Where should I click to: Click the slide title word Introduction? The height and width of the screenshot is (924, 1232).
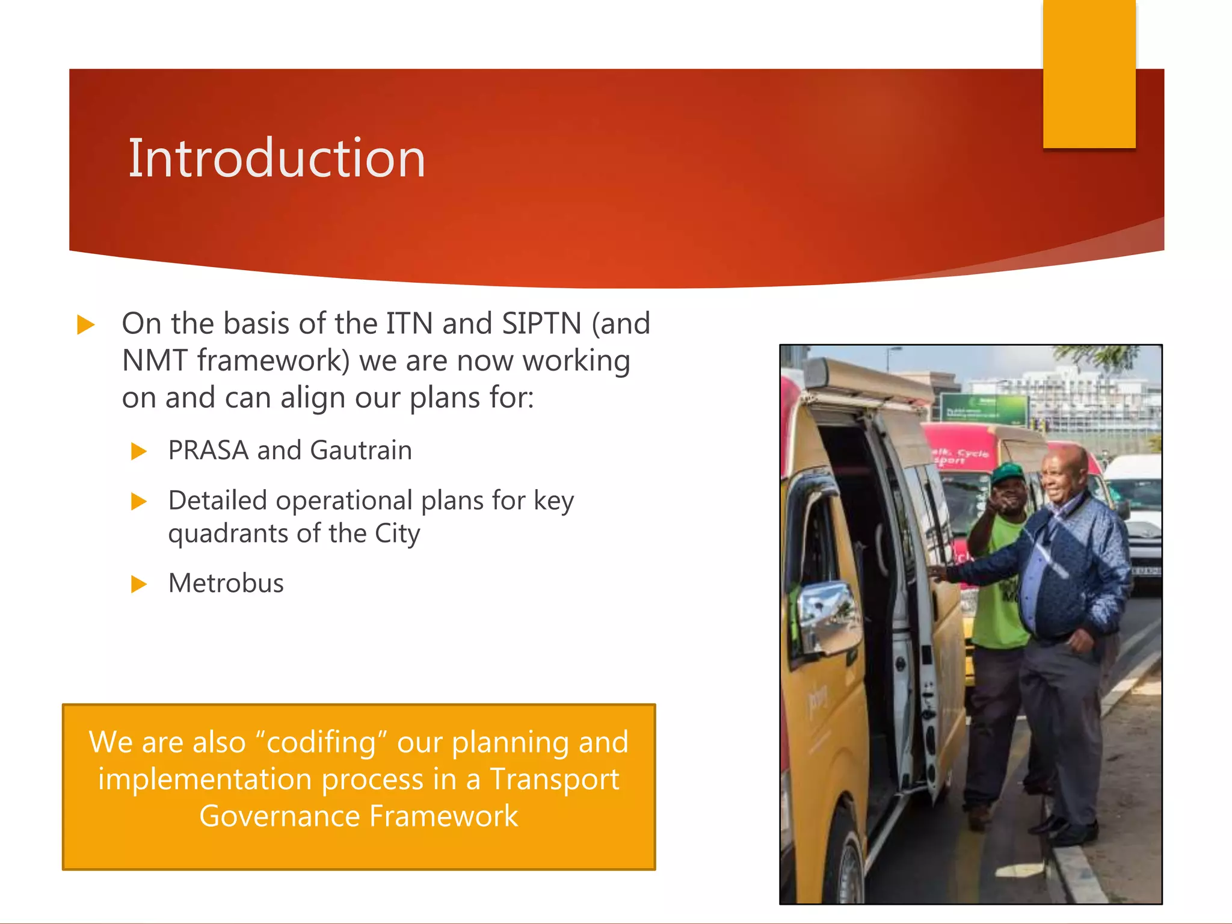(277, 158)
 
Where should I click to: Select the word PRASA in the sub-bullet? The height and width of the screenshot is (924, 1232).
(208, 451)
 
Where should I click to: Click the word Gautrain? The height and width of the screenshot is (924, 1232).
(361, 451)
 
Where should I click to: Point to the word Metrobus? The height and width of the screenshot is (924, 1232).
(226, 584)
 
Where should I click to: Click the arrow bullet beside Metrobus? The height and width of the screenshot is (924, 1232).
(139, 584)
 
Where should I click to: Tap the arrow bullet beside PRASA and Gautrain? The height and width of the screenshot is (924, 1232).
(139, 451)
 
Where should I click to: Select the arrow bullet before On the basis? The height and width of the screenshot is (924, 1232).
(86, 325)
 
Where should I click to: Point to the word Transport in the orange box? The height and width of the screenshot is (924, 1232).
(553, 780)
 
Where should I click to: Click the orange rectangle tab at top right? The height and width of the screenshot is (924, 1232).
(1089, 73)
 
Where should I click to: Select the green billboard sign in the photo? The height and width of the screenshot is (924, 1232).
(984, 409)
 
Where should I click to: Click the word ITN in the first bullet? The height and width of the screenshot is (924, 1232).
(409, 324)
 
